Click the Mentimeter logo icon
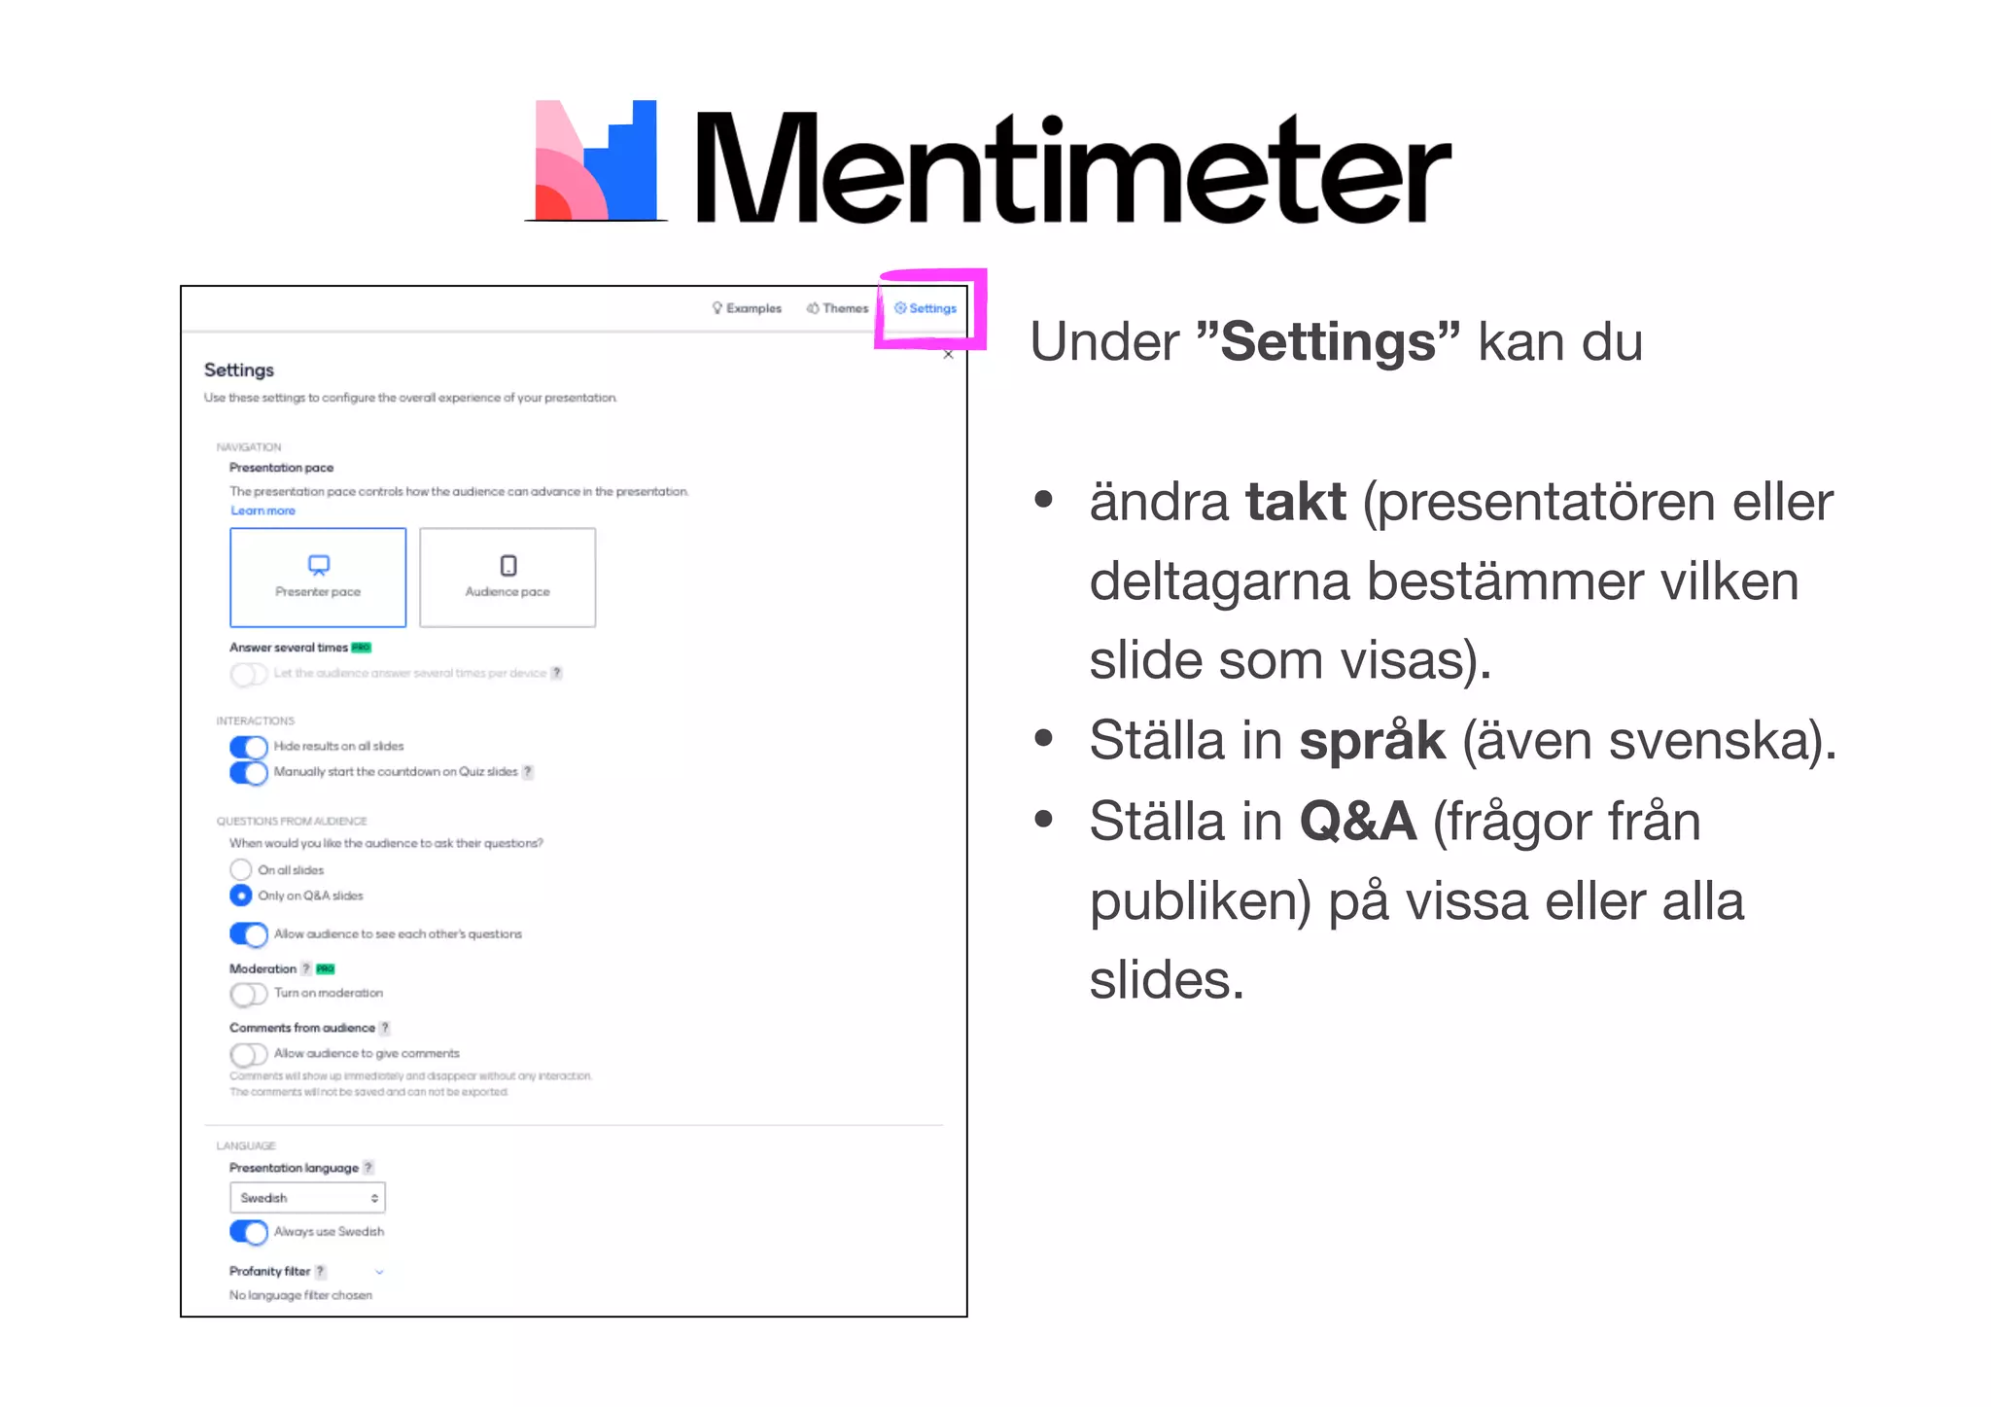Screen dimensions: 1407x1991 coord(596,160)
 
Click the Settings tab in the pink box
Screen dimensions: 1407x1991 coord(926,308)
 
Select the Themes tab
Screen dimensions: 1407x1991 coord(837,308)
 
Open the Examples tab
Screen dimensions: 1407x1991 coord(747,308)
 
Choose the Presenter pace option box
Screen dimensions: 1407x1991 coord(318,578)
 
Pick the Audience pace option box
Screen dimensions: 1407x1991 coord(507,578)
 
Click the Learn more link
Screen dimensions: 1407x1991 coord(262,510)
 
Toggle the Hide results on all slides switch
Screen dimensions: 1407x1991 coord(249,747)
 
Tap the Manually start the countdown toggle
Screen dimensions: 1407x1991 coord(249,772)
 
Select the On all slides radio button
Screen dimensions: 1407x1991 coord(241,869)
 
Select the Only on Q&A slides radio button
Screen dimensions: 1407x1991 coord(241,895)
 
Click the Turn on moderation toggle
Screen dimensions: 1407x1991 coord(249,994)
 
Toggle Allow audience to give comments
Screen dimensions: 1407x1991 coord(249,1054)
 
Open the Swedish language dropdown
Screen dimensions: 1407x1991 coord(307,1198)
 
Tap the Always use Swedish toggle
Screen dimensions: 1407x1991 coord(249,1232)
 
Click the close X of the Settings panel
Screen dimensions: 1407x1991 coord(949,355)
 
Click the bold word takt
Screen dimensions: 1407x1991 coord(1295,502)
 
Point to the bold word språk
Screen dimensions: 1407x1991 coord(1372,740)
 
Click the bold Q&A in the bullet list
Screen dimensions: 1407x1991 coord(1357,821)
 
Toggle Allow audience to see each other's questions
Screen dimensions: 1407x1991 coord(249,934)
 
